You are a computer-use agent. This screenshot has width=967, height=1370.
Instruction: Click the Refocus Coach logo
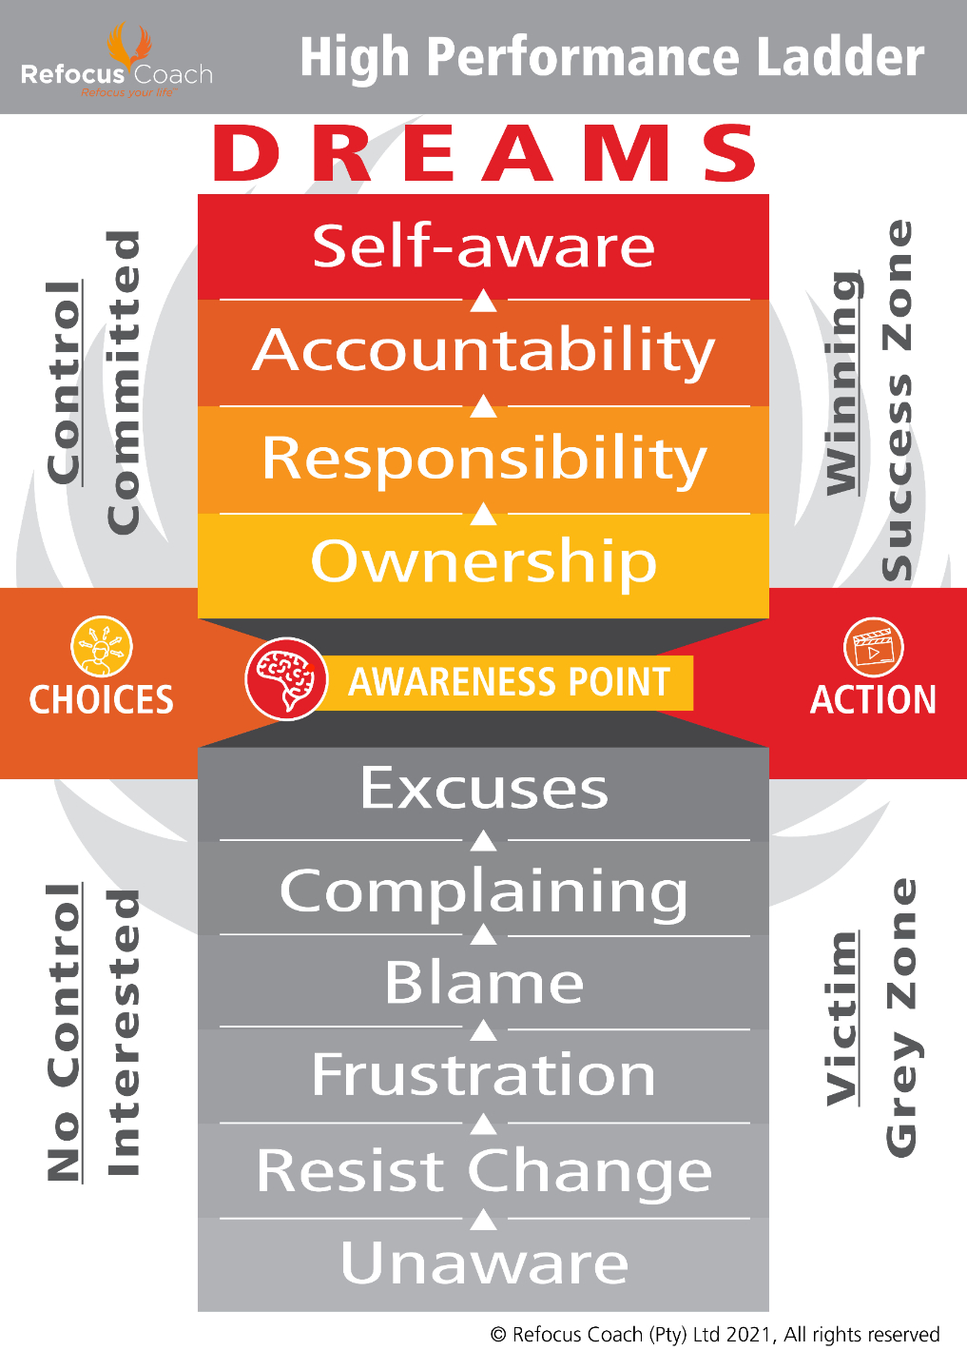[117, 63]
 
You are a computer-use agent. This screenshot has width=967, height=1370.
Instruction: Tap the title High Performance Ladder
[611, 57]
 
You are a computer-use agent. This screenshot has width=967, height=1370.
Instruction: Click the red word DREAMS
[485, 153]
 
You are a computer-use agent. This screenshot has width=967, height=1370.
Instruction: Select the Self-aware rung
[483, 246]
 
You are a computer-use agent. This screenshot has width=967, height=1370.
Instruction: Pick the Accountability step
[483, 351]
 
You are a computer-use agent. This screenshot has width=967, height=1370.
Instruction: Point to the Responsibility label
[483, 460]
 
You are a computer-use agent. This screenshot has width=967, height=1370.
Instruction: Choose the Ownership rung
[483, 561]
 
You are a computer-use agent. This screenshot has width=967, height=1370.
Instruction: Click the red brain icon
[286, 679]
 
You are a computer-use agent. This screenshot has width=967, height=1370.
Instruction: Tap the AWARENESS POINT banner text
[510, 682]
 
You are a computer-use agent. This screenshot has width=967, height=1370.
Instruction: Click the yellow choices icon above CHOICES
[102, 647]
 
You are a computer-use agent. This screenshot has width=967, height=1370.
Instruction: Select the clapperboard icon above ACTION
[873, 647]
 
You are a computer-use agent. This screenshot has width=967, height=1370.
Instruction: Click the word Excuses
[483, 789]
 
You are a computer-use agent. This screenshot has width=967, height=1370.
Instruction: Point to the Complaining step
[483, 892]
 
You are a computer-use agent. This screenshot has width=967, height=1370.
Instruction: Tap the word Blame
[483, 983]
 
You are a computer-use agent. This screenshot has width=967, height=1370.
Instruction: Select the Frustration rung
[483, 1075]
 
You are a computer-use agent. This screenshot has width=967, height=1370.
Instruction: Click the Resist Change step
[483, 1171]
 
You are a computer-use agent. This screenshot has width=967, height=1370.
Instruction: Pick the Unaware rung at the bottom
[483, 1263]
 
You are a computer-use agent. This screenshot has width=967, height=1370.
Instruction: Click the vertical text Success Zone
[898, 400]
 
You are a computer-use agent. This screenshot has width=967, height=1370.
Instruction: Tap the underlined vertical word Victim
[842, 1018]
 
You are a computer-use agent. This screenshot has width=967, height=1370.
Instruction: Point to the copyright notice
[714, 1335]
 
